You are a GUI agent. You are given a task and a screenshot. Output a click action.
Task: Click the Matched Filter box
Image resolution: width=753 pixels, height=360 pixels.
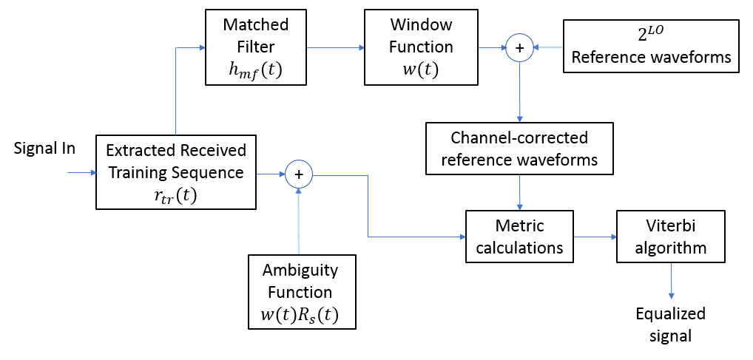point(255,47)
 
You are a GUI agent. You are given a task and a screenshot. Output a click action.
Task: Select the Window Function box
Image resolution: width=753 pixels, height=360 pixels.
point(421,47)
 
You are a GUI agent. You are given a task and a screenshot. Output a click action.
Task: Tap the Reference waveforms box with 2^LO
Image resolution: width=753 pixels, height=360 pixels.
point(651,46)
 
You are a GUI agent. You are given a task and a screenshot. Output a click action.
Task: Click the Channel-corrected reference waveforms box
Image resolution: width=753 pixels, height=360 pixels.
point(520,149)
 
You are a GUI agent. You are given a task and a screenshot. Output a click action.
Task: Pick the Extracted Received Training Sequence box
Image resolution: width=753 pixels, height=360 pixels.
point(176,172)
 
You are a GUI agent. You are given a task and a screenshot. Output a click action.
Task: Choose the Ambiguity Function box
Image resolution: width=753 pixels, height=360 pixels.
point(303,293)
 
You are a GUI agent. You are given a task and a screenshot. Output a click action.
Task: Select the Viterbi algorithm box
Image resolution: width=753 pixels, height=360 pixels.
point(670,237)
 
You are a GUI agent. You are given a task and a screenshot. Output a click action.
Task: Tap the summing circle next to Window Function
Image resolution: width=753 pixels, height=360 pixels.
point(519,48)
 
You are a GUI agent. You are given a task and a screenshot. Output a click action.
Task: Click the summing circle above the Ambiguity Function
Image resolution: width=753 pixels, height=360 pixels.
point(299,174)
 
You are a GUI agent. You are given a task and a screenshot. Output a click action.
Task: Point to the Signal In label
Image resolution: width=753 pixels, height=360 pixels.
point(44,149)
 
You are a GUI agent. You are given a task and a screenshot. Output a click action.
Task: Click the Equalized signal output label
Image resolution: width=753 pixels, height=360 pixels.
point(671,324)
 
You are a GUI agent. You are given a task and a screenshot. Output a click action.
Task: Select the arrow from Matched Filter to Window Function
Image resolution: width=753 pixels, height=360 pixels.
point(334,48)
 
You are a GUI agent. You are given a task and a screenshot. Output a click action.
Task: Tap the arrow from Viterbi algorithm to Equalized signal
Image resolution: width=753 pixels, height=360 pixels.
point(671,281)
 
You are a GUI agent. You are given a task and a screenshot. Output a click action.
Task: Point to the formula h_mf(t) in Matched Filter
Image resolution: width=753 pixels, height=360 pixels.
point(255,70)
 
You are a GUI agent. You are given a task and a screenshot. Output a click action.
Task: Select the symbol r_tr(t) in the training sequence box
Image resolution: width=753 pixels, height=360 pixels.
point(176,196)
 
